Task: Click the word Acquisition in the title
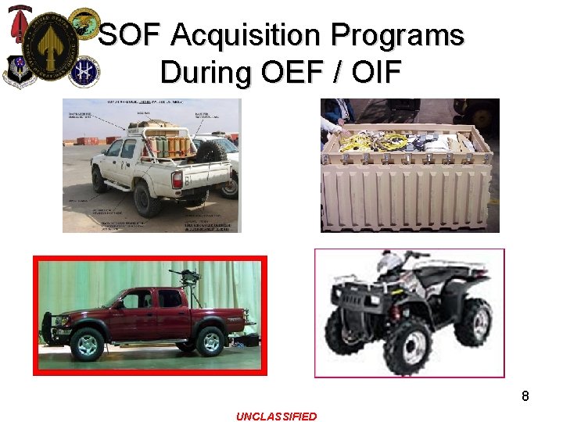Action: click(246, 35)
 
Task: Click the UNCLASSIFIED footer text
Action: click(277, 417)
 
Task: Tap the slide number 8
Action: click(525, 396)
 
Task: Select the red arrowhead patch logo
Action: click(19, 26)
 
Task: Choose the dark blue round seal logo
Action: click(84, 71)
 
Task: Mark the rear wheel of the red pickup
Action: click(209, 341)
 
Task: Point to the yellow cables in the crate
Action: click(364, 141)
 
